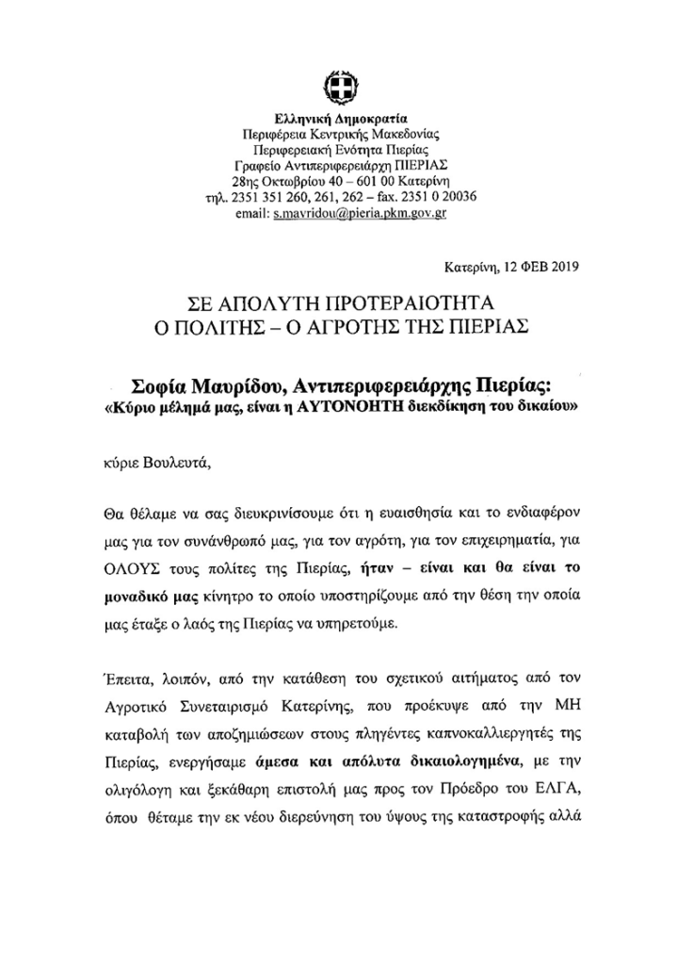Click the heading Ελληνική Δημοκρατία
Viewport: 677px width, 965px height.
339,120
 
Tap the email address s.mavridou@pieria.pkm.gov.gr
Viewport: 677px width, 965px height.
360,214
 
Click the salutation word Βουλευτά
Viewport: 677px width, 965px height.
172,464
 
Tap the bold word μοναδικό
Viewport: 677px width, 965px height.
133,597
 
